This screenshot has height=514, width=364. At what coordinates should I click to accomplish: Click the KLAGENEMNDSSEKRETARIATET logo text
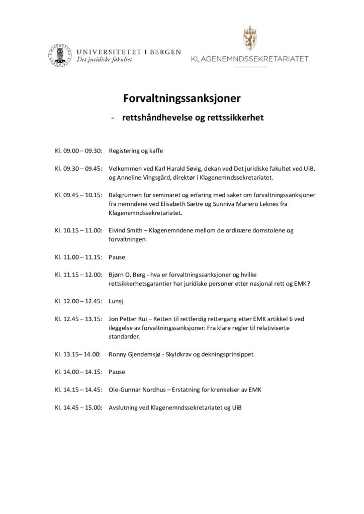click(250, 59)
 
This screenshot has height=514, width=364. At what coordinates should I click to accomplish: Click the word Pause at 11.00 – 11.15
click(117, 257)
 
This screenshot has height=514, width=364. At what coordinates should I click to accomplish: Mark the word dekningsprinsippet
click(230, 354)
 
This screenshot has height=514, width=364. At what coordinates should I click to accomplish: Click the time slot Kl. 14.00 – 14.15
click(79, 372)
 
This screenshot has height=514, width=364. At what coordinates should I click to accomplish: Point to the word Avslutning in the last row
click(124, 407)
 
